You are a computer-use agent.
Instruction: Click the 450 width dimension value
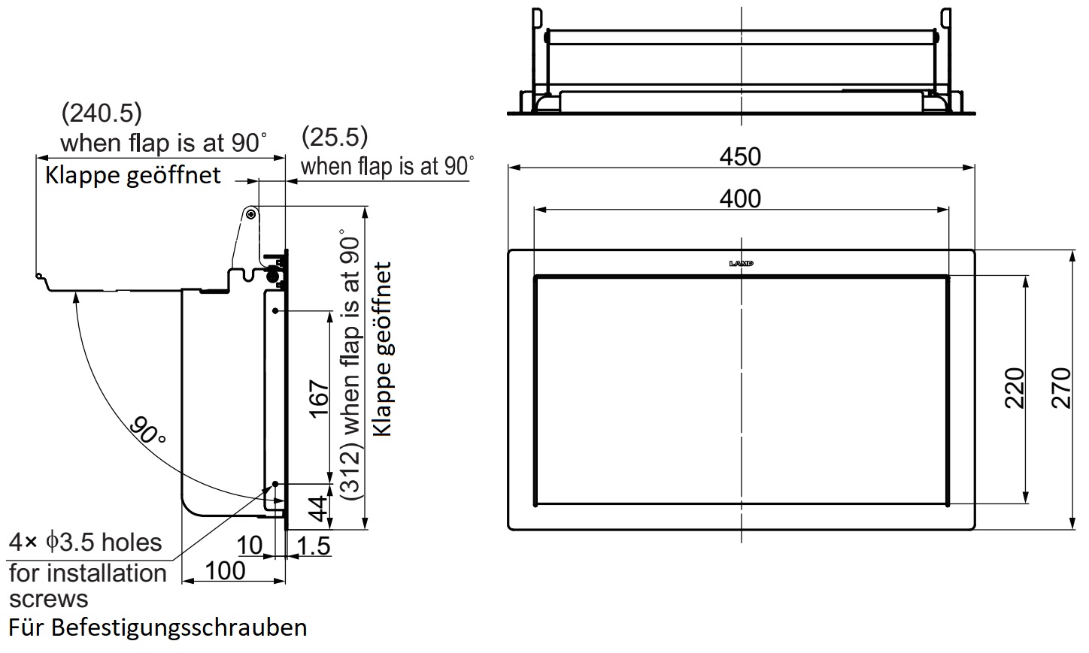740,157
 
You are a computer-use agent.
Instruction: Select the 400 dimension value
740,199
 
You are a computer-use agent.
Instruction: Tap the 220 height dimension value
1015,388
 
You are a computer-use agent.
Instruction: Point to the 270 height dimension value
1061,388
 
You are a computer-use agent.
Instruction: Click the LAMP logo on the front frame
741,264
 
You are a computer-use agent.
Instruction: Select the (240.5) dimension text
102,113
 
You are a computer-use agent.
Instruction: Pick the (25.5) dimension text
335,137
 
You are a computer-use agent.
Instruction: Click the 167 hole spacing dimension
320,399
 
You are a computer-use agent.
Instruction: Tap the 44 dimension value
319,508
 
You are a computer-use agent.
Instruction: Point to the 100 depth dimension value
225,571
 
